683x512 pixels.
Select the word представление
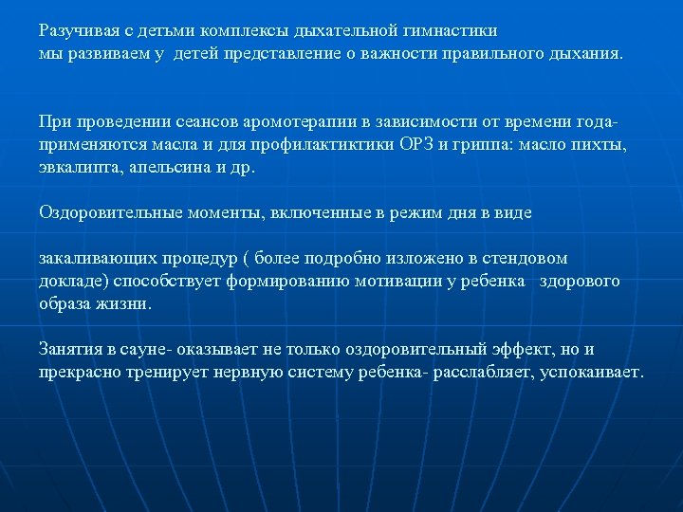click(283, 53)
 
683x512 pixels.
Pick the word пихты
click(605, 145)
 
